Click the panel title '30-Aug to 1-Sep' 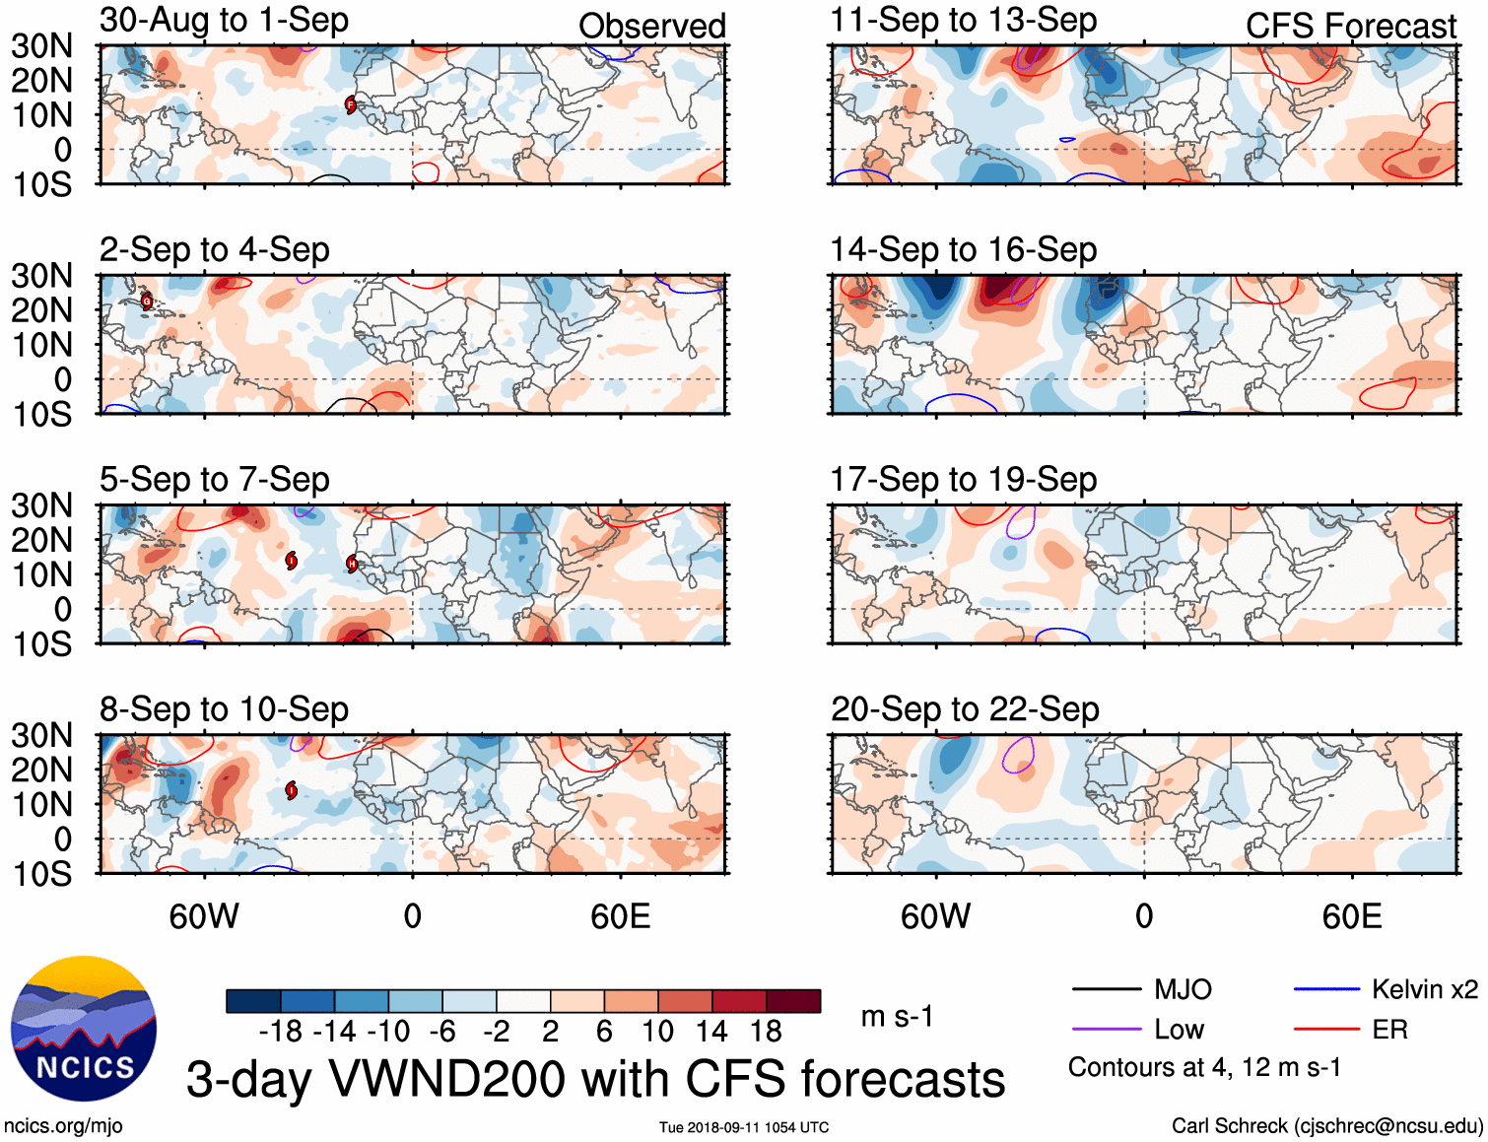(x=224, y=21)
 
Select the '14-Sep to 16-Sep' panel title (x=963, y=250)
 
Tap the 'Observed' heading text (x=651, y=27)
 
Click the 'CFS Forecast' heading (x=1350, y=27)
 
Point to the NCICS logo (x=84, y=1029)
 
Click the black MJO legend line (x=1106, y=989)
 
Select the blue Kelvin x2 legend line (x=1326, y=989)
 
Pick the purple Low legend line (x=1106, y=1030)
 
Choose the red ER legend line (x=1326, y=1030)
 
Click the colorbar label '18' (x=766, y=1032)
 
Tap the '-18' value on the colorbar (x=281, y=1032)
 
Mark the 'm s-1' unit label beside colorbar (x=897, y=1017)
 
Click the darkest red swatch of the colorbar (x=793, y=1001)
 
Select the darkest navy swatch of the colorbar (x=253, y=1001)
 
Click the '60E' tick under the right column (x=1351, y=917)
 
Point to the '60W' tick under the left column (x=204, y=917)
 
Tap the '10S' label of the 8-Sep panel (x=41, y=874)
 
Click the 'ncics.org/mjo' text (x=63, y=1126)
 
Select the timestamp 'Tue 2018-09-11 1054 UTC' (x=744, y=1127)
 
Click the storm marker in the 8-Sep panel (x=292, y=790)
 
